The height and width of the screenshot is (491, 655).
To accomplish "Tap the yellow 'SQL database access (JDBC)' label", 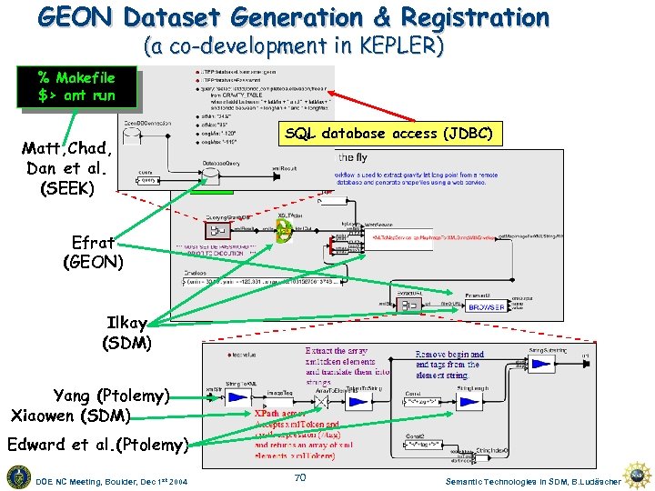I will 388,134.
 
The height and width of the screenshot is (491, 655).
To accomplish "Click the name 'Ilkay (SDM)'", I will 126,332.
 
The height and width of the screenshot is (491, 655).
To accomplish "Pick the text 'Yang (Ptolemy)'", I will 111,396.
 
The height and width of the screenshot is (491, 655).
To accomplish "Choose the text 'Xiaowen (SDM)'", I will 70,416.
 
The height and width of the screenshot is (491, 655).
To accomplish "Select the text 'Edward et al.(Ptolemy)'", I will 97,445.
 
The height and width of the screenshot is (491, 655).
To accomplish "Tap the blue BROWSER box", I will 487,307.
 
